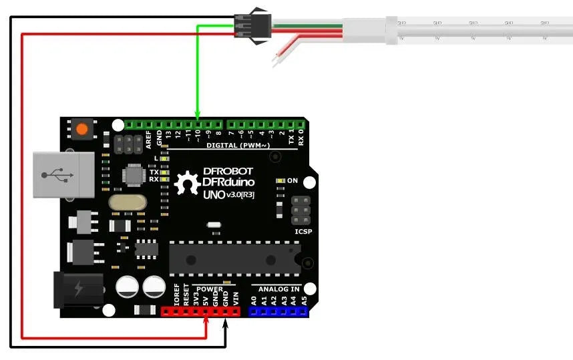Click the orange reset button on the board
pos(82,129)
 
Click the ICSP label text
pos(303,232)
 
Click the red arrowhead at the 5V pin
pos(206,323)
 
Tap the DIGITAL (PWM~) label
pos(238,145)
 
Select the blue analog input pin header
pos(278,311)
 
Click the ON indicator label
pos(292,181)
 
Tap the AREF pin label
pos(149,138)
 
